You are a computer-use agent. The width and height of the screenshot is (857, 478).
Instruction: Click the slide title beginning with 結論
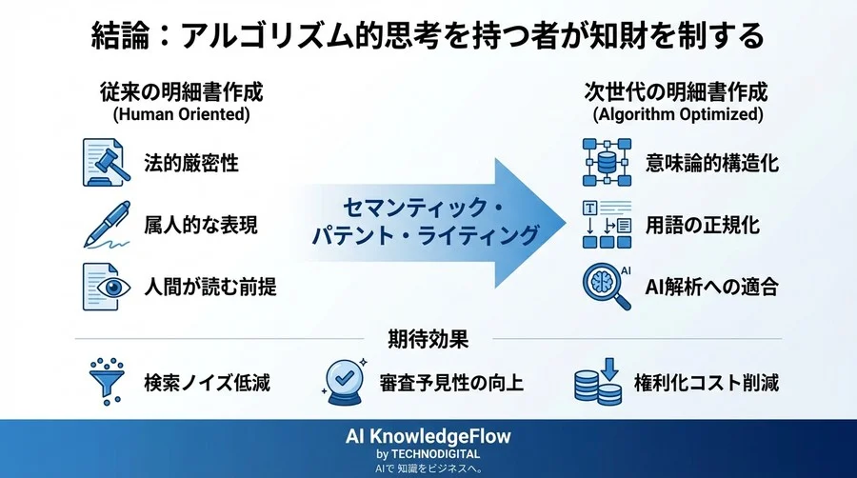coord(428,35)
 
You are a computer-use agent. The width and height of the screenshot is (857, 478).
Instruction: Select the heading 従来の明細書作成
coord(181,92)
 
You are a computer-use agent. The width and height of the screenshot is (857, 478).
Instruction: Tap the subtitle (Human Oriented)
coord(181,114)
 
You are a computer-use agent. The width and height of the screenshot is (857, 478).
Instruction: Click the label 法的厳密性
coord(190,163)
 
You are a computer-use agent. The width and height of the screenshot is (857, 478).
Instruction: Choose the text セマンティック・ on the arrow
coord(425,208)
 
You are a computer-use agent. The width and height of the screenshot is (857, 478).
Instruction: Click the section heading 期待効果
coord(428,338)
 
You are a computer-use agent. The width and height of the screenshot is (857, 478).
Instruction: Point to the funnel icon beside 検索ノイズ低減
coord(103,382)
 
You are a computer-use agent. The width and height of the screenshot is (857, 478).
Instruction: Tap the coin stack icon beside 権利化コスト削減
coord(597,382)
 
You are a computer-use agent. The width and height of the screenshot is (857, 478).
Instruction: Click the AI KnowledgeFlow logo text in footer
coord(428,436)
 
